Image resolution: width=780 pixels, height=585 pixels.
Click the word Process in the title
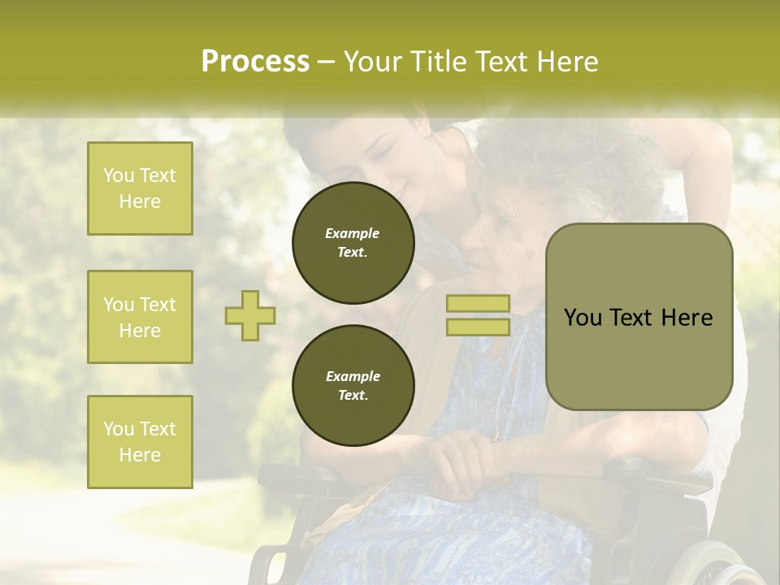click(x=255, y=62)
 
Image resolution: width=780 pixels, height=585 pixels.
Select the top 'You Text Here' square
click(x=140, y=188)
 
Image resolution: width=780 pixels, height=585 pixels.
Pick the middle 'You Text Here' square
click(x=140, y=317)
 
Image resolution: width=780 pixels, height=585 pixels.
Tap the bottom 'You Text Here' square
click(x=140, y=441)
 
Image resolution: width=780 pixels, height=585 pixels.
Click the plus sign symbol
click(x=250, y=315)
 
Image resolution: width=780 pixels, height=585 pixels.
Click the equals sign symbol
click(x=478, y=315)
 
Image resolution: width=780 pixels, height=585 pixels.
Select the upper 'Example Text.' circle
click(x=353, y=243)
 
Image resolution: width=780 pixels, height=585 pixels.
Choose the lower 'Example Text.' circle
click(x=353, y=385)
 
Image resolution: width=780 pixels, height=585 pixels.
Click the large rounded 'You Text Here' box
click(x=639, y=317)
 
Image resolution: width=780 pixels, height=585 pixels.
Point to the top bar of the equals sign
click(x=478, y=304)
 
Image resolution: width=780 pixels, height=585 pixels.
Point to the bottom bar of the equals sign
click(x=478, y=327)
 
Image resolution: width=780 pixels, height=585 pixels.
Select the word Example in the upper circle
click(x=352, y=233)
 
